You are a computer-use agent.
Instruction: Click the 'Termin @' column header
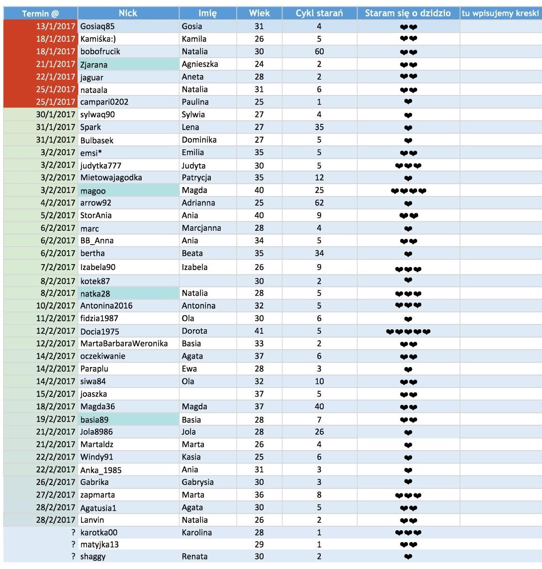point(40,13)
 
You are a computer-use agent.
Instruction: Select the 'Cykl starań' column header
point(319,13)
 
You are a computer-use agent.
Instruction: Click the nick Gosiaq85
point(97,26)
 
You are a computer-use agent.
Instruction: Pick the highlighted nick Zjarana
point(94,64)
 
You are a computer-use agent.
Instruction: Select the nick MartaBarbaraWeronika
point(124,344)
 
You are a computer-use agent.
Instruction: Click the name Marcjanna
point(201,228)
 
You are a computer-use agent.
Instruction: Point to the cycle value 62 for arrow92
point(319,203)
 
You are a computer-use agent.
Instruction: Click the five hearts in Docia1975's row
point(408,332)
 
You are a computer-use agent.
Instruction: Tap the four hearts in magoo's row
point(408,190)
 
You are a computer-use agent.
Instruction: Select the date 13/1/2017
point(56,26)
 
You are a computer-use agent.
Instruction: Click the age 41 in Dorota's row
point(259,331)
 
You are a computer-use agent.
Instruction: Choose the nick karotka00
point(99,533)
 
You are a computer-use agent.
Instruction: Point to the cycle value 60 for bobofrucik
point(319,52)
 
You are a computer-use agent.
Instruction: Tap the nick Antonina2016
point(106,306)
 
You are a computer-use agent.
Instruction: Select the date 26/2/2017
point(56,482)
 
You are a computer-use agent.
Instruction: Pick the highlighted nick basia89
point(94,419)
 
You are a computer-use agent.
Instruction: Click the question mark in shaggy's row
point(73,557)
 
